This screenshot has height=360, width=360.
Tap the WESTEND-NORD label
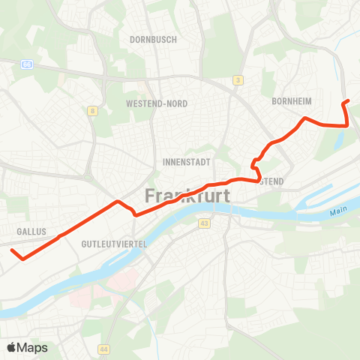pyautogui.click(x=157, y=103)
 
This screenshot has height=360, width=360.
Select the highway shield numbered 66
pyautogui.click(x=28, y=64)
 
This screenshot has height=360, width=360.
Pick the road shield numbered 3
pyautogui.click(x=237, y=80)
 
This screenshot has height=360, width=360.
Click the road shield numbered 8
pyautogui.click(x=92, y=110)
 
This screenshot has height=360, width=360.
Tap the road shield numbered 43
pyautogui.click(x=204, y=223)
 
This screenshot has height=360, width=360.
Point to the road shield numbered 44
pyautogui.click(x=103, y=349)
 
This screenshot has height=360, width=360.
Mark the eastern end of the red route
pyautogui.click(x=345, y=102)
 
